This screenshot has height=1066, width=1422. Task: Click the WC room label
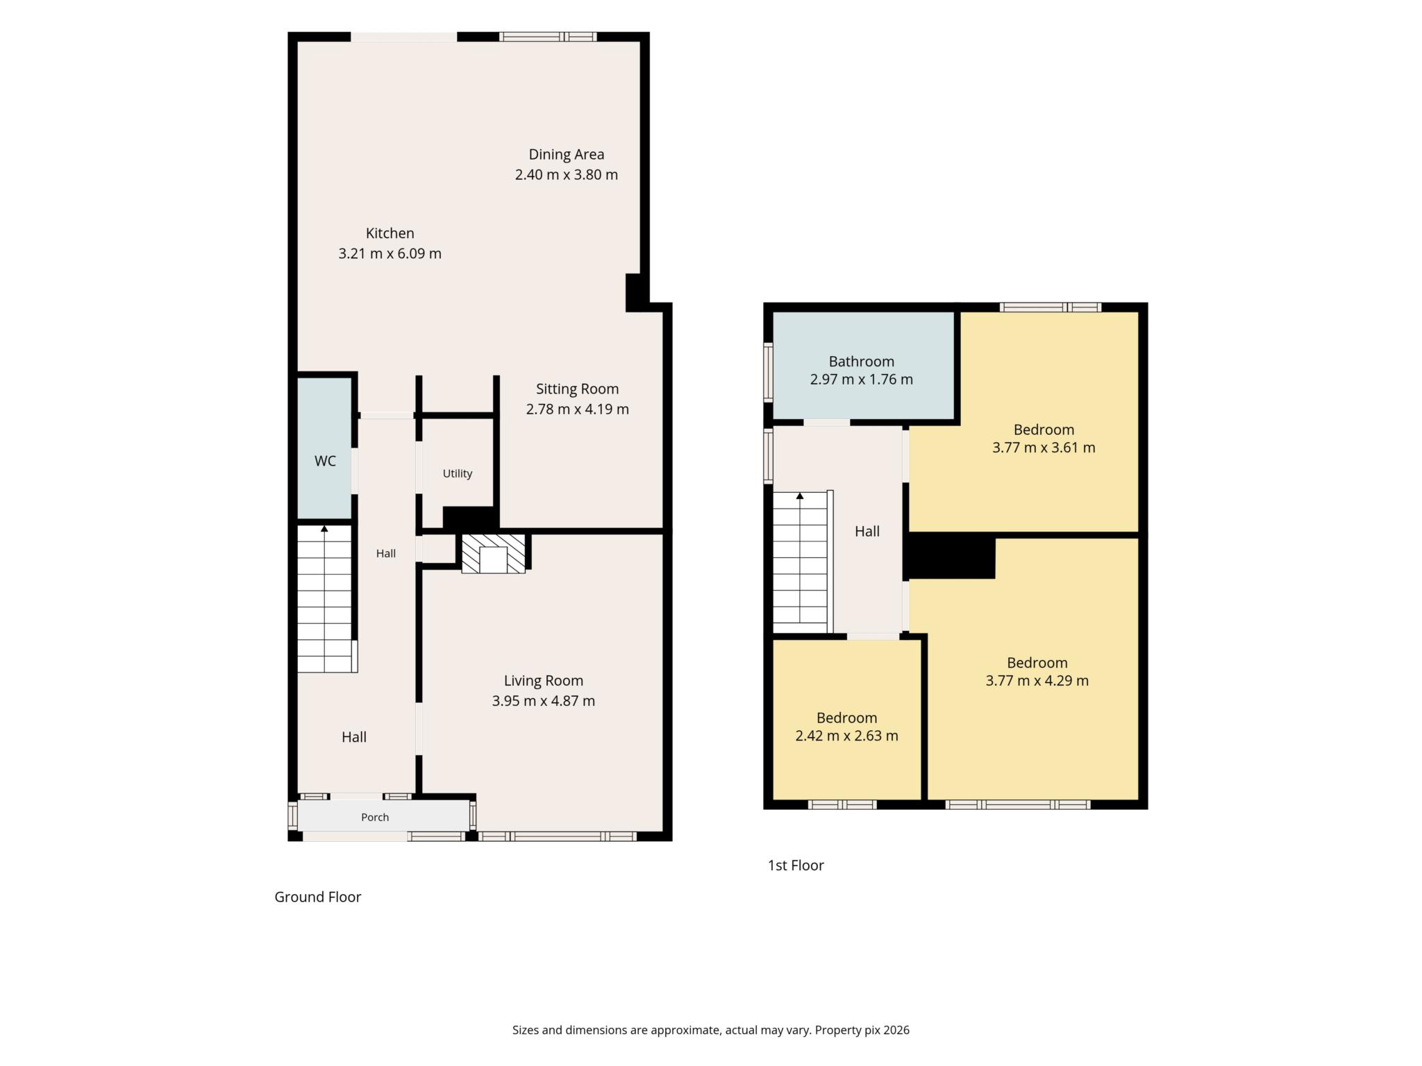[x=325, y=461]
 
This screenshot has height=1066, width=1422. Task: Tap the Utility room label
[x=458, y=473]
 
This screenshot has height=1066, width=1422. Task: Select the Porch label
[x=375, y=817]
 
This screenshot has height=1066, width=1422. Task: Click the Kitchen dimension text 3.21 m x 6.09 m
[x=390, y=253]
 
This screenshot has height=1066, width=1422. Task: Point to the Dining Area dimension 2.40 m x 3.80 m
[x=567, y=174]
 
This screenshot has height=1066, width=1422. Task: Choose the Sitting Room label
[x=577, y=389]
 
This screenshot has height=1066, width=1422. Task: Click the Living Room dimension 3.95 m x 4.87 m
[x=544, y=701]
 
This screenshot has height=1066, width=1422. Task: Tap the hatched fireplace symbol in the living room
[x=493, y=553]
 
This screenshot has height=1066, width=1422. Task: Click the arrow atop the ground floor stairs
[x=324, y=529]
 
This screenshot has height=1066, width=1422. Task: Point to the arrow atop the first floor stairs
[x=800, y=496]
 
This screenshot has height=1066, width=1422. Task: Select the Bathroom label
[x=861, y=361]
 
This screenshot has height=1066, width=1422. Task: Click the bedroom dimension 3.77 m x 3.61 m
[x=1044, y=448]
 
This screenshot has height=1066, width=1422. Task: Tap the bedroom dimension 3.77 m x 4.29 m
[x=1037, y=681]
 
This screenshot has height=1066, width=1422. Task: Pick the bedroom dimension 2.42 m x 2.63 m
[x=846, y=736]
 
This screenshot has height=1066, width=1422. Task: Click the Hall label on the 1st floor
[x=867, y=531]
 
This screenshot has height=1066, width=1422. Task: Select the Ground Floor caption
[x=318, y=897]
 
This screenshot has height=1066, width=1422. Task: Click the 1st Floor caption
[x=796, y=865]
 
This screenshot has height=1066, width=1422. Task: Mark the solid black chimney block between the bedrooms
[x=951, y=556]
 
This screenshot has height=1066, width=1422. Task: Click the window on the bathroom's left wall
[x=768, y=372]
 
